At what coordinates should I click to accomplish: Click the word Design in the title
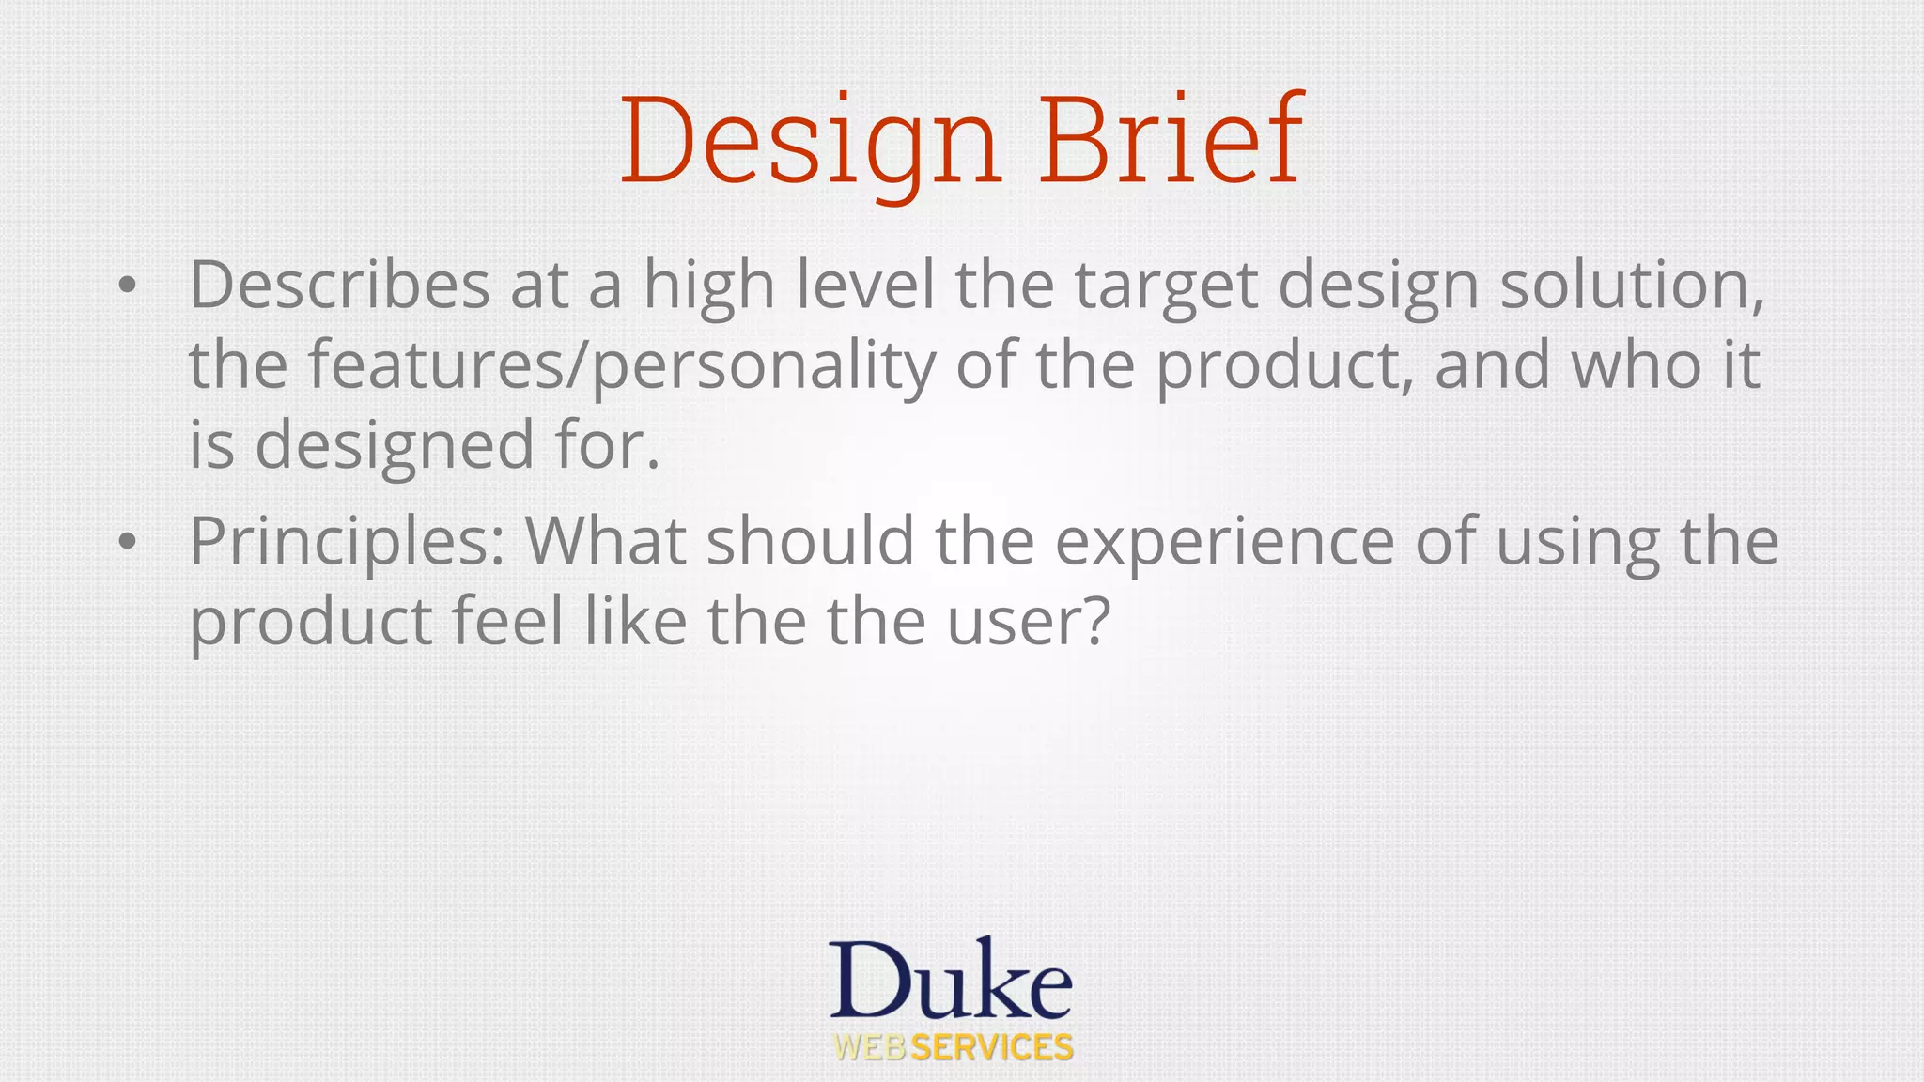tap(810, 141)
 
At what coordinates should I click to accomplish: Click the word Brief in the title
tap(1171, 141)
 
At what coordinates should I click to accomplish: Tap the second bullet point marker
tap(128, 542)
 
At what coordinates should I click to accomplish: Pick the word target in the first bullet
tap(1165, 286)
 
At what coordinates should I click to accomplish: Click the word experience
tap(1224, 543)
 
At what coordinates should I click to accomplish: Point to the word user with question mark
tap(1028, 622)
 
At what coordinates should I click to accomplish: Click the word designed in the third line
tap(395, 446)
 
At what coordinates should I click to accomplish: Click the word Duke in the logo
tap(951, 982)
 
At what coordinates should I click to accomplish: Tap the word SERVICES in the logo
tap(992, 1048)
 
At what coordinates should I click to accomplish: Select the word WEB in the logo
tap(870, 1048)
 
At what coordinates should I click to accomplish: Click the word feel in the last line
tap(507, 622)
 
